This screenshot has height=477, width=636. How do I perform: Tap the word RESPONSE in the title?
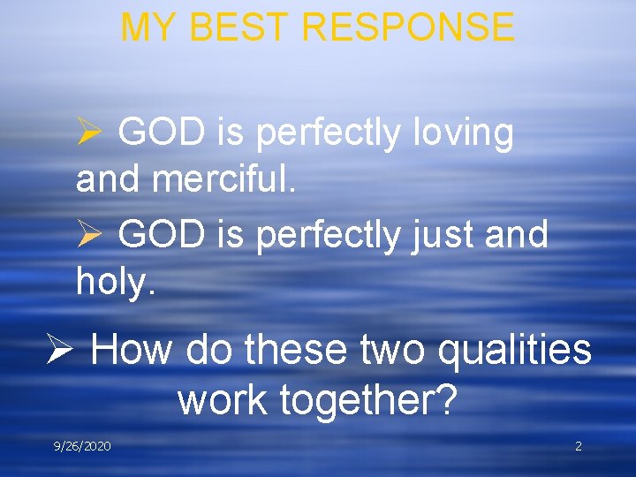(x=408, y=27)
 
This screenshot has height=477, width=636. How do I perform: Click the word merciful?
(x=225, y=179)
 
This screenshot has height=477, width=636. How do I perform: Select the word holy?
(x=116, y=282)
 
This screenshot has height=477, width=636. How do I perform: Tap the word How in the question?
(x=131, y=349)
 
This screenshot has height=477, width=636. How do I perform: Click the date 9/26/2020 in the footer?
(x=82, y=446)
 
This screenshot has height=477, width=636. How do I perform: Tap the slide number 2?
(x=579, y=446)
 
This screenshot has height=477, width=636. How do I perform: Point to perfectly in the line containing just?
(x=329, y=235)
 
